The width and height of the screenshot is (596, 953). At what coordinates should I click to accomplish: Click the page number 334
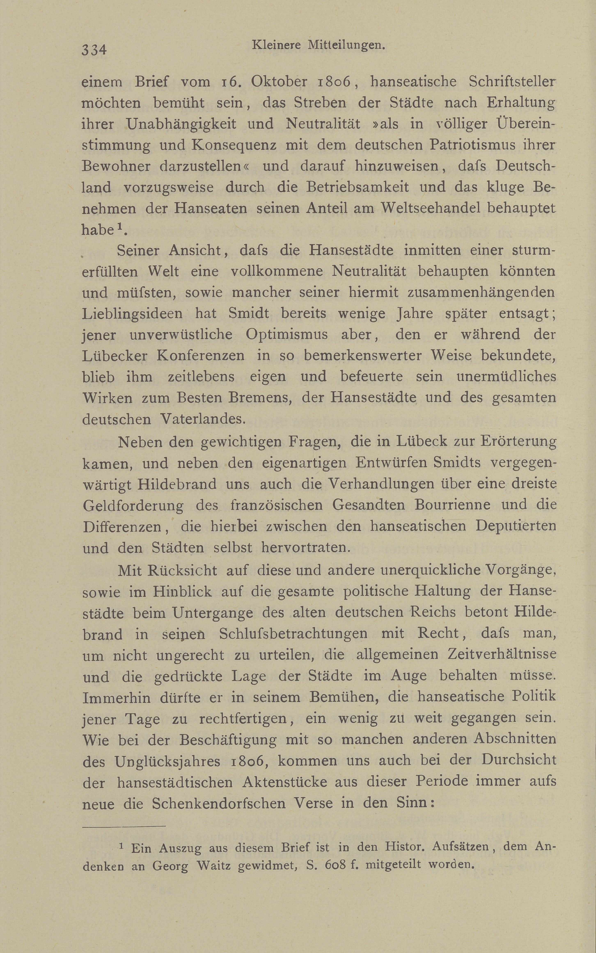point(94,50)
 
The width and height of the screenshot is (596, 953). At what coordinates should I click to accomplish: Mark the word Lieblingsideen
point(132,314)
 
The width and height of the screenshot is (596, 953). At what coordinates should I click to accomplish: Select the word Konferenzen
point(200,356)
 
